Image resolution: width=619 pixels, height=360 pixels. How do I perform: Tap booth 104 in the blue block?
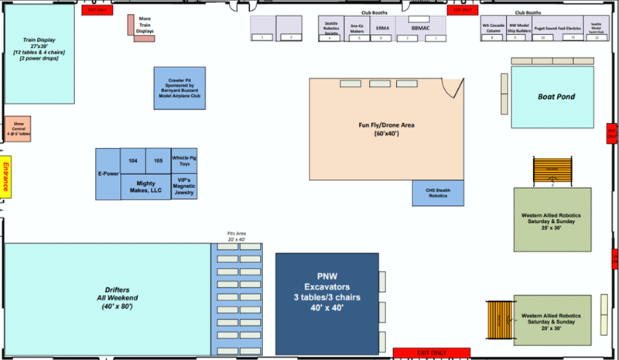pyautogui.click(x=133, y=159)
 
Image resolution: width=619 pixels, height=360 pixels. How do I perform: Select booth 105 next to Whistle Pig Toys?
pyautogui.click(x=158, y=159)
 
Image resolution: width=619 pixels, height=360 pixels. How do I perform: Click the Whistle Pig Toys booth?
pyautogui.click(x=184, y=161)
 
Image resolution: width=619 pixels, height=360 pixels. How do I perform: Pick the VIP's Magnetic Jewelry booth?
pyautogui.click(x=184, y=187)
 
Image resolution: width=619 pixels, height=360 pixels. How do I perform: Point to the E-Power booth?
pyautogui.click(x=108, y=173)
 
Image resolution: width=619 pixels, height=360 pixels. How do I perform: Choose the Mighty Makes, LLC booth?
pyautogui.click(x=145, y=186)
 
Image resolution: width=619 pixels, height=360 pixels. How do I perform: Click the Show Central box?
pyautogui.click(x=18, y=129)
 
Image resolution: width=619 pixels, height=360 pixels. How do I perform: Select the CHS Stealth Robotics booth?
pyautogui.click(x=437, y=193)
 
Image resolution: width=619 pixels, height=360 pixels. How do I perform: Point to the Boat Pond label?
pyautogui.click(x=556, y=97)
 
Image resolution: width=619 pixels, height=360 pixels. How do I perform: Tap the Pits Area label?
pyautogui.click(x=236, y=235)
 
